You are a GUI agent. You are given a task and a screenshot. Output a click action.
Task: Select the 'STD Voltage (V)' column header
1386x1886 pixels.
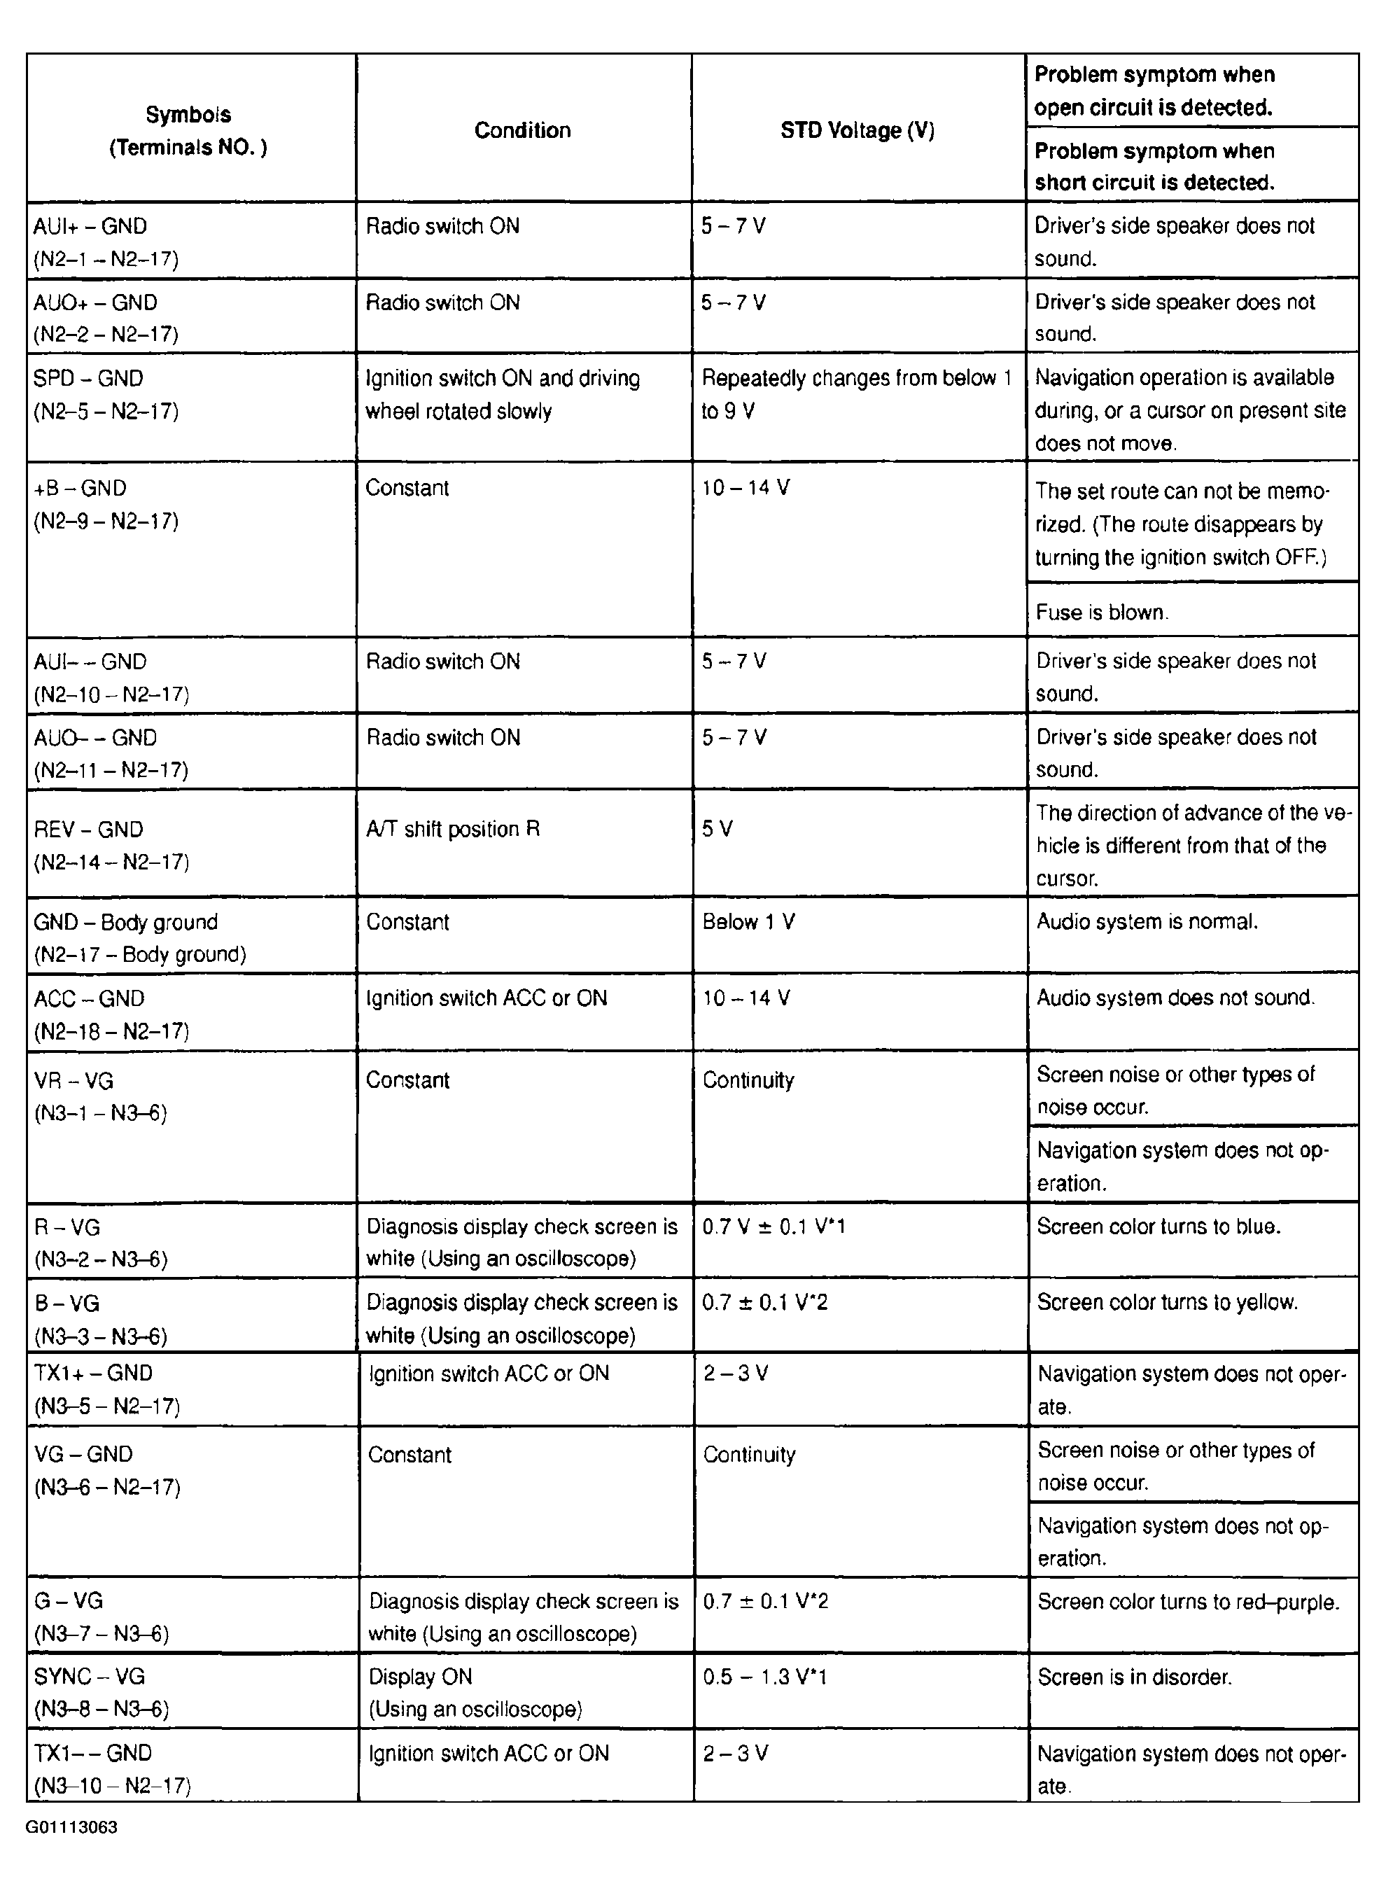click(857, 130)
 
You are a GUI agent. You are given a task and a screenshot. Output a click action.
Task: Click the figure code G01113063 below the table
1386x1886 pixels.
click(71, 1827)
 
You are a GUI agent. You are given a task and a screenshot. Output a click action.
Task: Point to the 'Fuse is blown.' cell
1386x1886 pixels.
click(1102, 613)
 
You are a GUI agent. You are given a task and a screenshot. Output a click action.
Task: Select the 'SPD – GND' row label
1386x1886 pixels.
click(88, 378)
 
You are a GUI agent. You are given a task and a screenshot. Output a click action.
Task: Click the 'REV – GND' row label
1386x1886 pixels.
click(88, 830)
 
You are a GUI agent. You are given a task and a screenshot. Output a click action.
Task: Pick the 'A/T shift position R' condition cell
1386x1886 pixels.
click(453, 830)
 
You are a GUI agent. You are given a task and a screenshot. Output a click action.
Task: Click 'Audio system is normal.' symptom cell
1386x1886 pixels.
click(1147, 922)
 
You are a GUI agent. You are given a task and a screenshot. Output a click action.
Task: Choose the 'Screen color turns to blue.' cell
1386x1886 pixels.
click(1158, 1227)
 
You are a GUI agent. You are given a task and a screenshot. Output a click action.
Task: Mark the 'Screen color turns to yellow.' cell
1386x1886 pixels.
click(1167, 1302)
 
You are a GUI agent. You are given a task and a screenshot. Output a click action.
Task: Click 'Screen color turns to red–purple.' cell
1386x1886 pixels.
click(1188, 1602)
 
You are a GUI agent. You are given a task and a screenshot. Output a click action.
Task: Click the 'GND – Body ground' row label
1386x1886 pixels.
click(126, 923)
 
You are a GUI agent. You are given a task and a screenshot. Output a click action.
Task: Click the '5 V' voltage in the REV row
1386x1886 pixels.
click(717, 830)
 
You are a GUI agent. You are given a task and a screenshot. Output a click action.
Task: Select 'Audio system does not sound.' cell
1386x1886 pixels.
click(1175, 998)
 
